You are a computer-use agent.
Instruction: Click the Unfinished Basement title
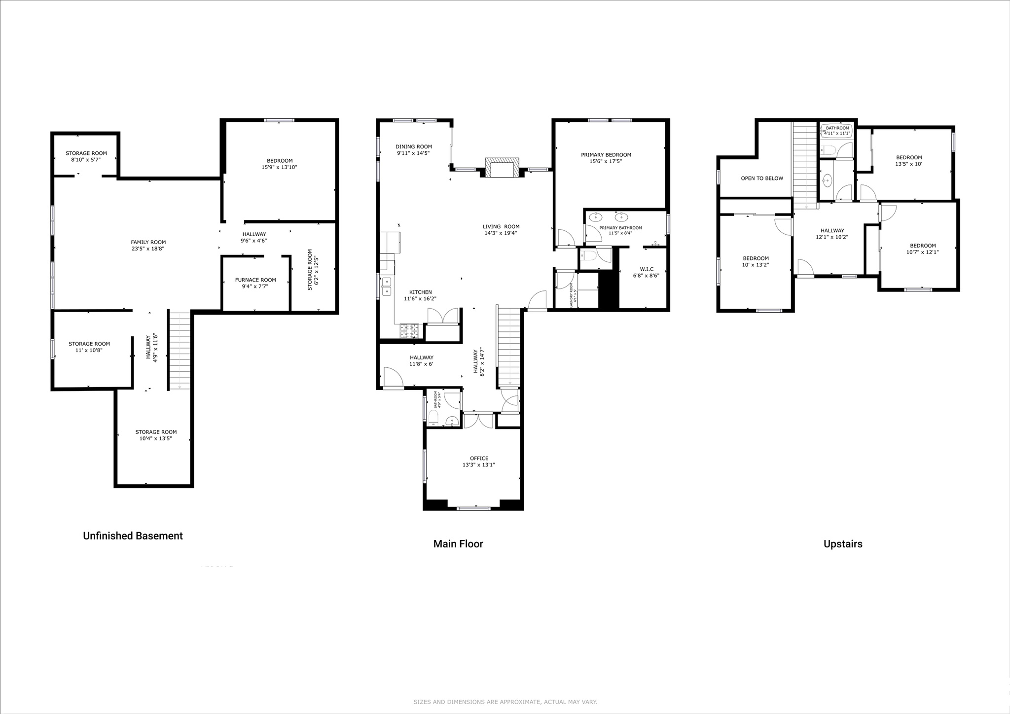click(x=133, y=536)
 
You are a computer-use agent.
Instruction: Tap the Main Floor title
click(x=458, y=544)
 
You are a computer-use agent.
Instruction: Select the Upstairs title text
click(x=843, y=544)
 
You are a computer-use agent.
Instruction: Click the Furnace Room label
click(x=255, y=280)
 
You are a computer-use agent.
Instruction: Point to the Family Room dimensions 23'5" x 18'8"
click(x=148, y=249)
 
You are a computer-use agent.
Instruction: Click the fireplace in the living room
click(x=502, y=168)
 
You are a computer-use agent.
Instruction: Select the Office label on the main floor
click(x=479, y=458)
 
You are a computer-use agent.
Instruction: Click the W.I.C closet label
click(x=646, y=269)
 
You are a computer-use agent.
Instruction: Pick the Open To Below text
click(x=761, y=178)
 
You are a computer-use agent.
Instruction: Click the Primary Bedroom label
click(x=606, y=155)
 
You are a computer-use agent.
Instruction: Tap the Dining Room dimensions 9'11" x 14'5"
click(x=413, y=153)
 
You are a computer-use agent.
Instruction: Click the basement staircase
click(x=180, y=350)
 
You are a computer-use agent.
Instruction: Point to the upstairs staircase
click(x=805, y=163)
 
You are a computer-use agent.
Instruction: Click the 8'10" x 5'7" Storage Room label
click(x=86, y=153)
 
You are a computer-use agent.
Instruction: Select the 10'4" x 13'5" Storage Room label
click(x=156, y=432)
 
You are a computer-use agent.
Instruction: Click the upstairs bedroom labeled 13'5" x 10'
click(x=908, y=158)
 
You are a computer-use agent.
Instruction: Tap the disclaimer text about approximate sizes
click(x=505, y=702)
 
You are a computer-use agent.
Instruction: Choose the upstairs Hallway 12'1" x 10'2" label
click(x=832, y=230)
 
